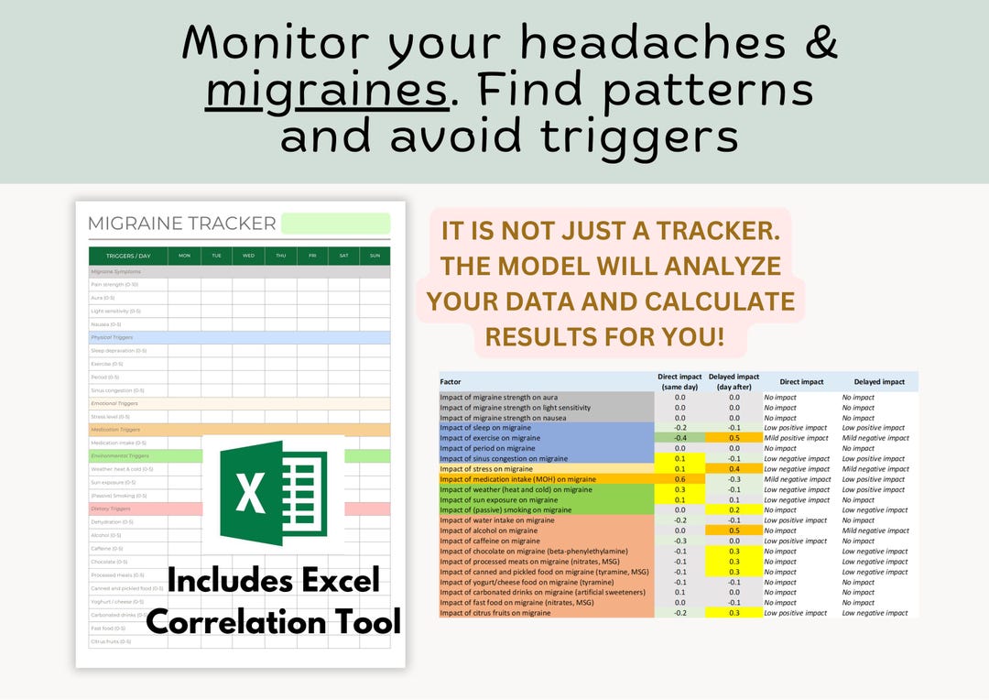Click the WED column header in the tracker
click(x=248, y=256)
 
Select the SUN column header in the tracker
click(x=374, y=256)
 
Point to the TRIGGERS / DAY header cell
click(x=127, y=256)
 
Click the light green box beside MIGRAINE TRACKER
click(x=335, y=224)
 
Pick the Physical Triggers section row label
click(x=112, y=337)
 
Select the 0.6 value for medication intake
click(x=680, y=479)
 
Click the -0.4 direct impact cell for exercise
click(x=680, y=438)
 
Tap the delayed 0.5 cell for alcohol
click(x=734, y=530)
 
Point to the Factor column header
click(x=451, y=382)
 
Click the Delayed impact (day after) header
click(x=734, y=382)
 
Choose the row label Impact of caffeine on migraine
click(x=489, y=541)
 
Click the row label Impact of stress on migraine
click(x=485, y=469)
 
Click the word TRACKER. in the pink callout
click(x=717, y=231)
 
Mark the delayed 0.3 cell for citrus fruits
click(x=734, y=613)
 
